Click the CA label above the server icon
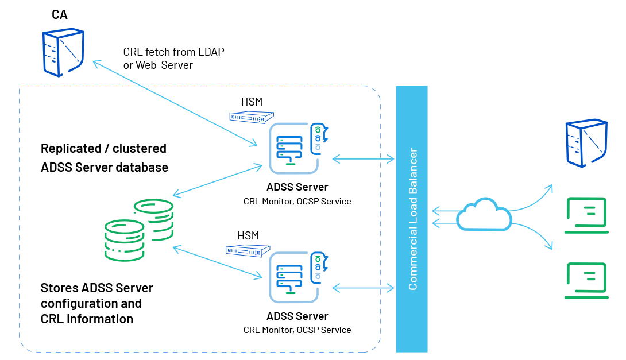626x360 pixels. pyautogui.click(x=60, y=14)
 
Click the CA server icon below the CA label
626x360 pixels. pyautogui.click(x=63, y=53)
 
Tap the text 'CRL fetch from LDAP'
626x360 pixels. pyautogui.click(x=173, y=52)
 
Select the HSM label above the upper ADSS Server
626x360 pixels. pyautogui.click(x=252, y=102)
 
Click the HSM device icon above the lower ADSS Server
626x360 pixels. pyautogui.click(x=248, y=250)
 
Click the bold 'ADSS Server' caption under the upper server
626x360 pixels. pyautogui.click(x=297, y=187)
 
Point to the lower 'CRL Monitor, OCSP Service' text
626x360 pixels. pyautogui.click(x=297, y=330)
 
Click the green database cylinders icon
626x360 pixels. pyautogui.click(x=138, y=230)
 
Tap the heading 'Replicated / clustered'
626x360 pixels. pyautogui.click(x=103, y=149)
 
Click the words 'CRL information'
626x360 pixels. pyautogui.click(x=87, y=319)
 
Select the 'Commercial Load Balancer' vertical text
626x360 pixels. pyautogui.click(x=412, y=219)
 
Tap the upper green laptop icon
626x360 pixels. pyautogui.click(x=586, y=215)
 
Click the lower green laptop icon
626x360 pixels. pyautogui.click(x=586, y=280)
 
